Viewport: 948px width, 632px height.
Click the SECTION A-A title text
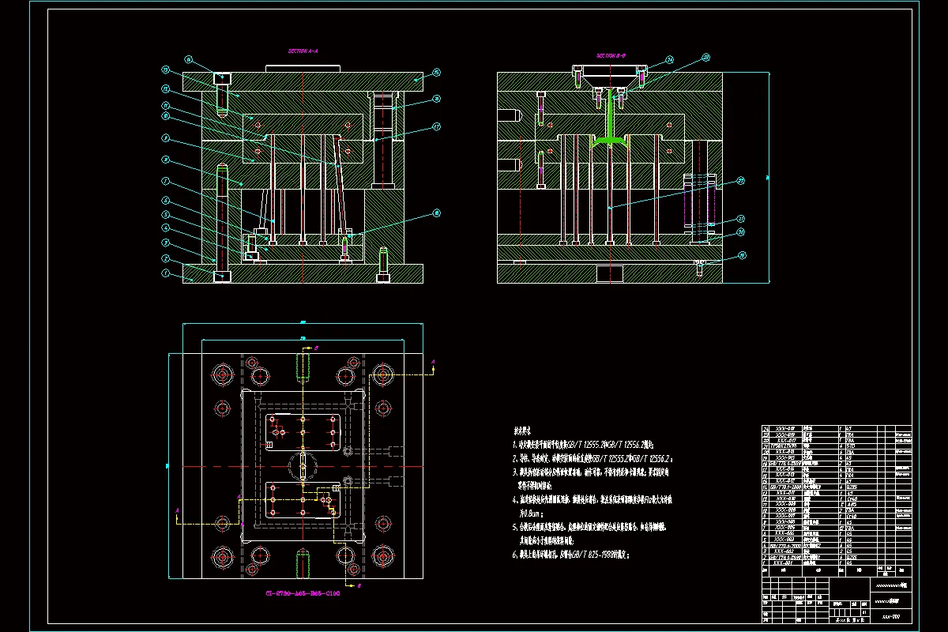click(303, 50)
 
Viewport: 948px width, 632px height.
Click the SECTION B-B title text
click(611, 56)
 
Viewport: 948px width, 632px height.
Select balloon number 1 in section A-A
click(167, 273)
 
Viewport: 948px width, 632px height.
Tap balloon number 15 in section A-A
click(436, 73)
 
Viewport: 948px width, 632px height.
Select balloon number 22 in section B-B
click(740, 181)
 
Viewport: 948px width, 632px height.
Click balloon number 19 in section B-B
click(741, 255)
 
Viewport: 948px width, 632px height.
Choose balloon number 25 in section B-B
click(705, 57)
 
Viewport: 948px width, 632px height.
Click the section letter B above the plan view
click(315, 347)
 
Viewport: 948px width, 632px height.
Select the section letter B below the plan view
click(359, 587)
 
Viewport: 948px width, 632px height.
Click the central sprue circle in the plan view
click(303, 466)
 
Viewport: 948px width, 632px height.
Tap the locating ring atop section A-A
click(303, 70)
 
